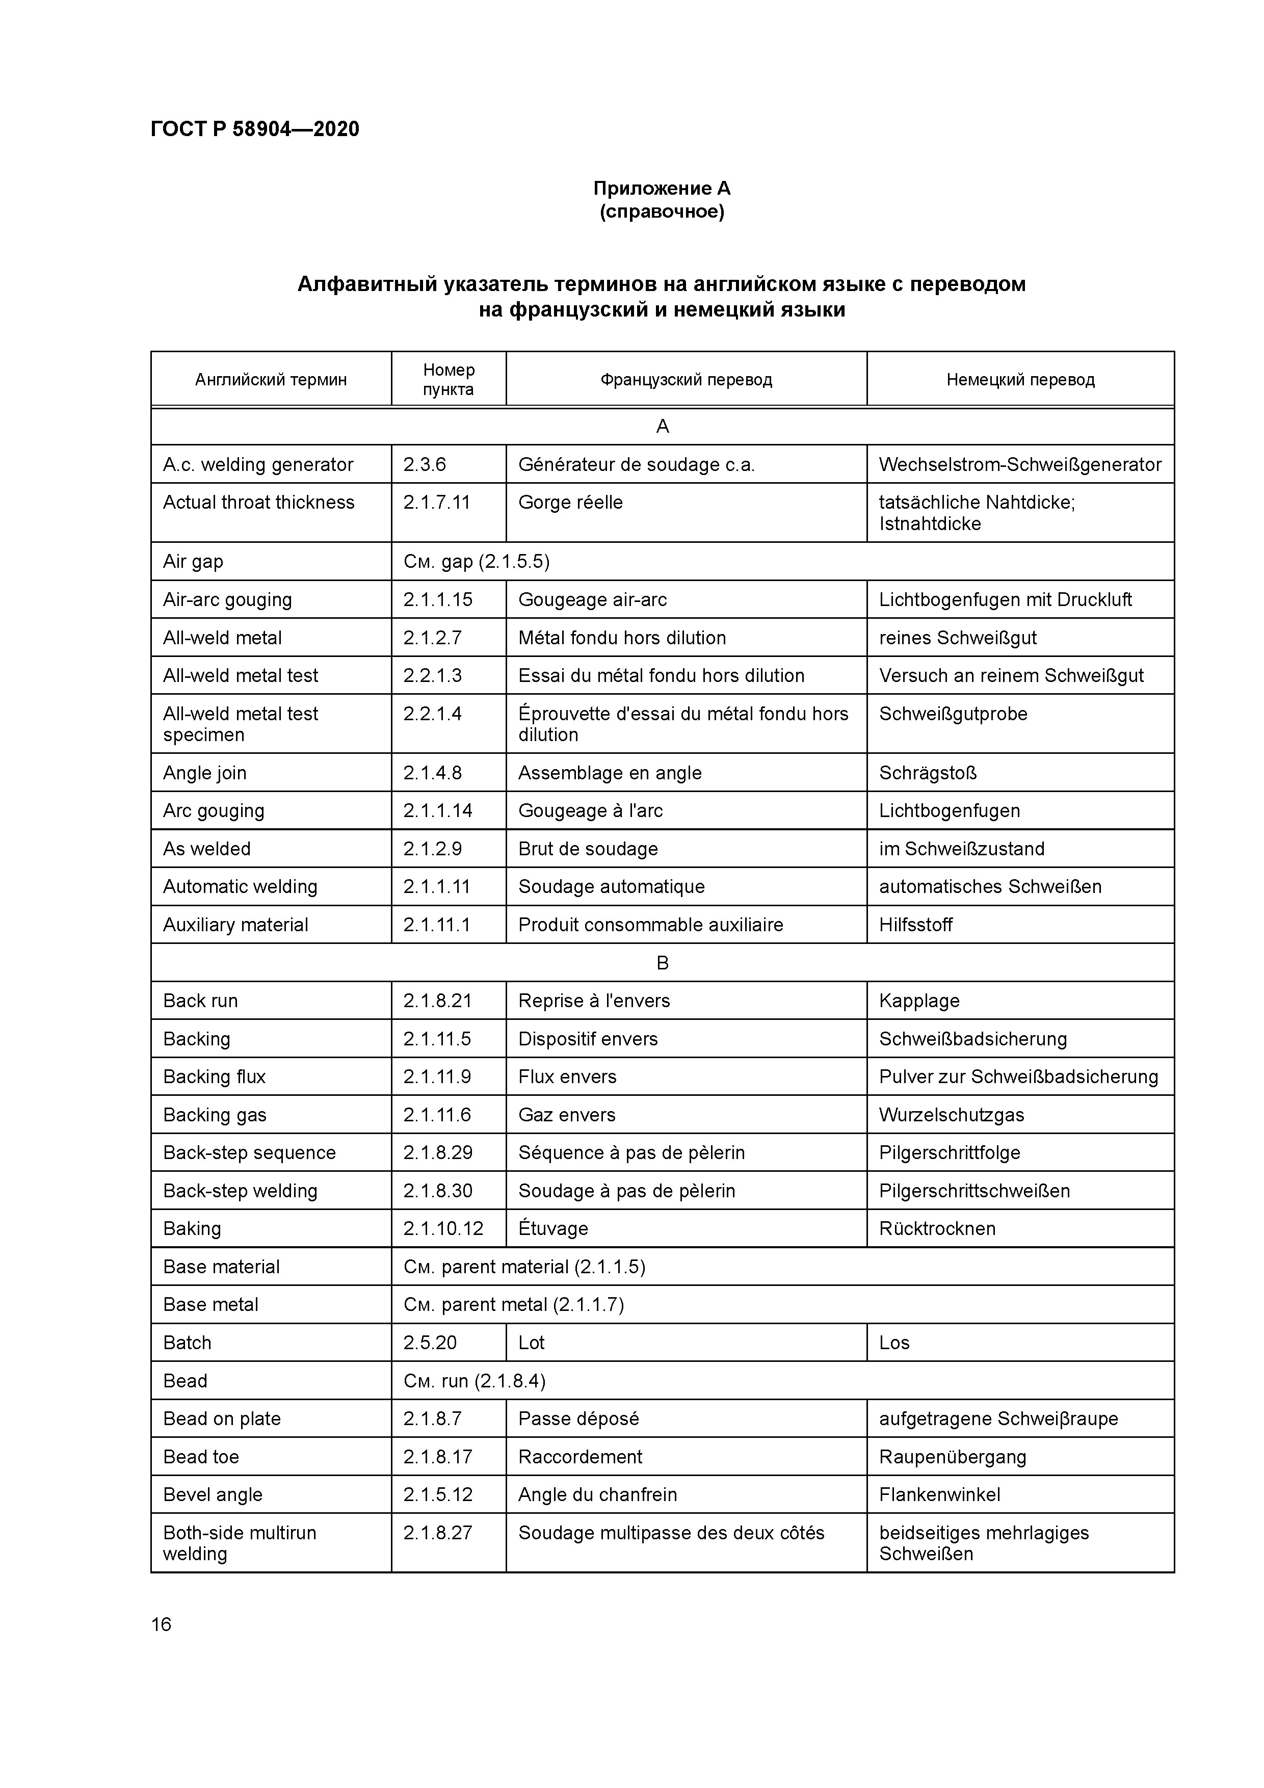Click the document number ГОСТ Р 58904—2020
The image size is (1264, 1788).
[x=255, y=129]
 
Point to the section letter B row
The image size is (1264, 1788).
[x=662, y=963]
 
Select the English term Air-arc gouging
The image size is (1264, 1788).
[x=227, y=599]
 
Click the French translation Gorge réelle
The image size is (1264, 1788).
[x=570, y=503]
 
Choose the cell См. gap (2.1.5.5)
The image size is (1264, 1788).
[x=477, y=562]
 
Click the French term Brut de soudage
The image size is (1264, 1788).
[x=588, y=849]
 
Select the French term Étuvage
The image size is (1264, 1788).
[x=553, y=1229]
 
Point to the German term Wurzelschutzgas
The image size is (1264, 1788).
[x=951, y=1115]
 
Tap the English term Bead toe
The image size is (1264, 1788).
[x=201, y=1457]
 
